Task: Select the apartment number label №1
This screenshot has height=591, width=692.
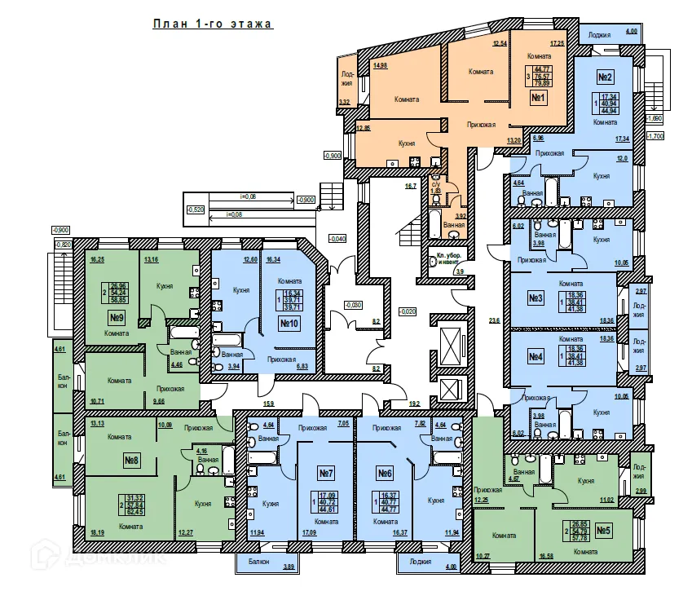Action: click(538, 99)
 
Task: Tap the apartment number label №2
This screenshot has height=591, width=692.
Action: click(605, 77)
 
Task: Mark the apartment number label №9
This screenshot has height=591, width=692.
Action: click(117, 317)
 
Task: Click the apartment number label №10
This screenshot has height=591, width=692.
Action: click(287, 324)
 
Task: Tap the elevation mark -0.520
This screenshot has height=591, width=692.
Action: click(196, 209)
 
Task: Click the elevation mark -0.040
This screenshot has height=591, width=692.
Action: click(337, 238)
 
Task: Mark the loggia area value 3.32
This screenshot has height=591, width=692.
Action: click(343, 102)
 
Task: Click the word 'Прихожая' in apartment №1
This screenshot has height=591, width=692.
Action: click(482, 126)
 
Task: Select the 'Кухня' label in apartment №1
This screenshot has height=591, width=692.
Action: click(407, 143)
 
